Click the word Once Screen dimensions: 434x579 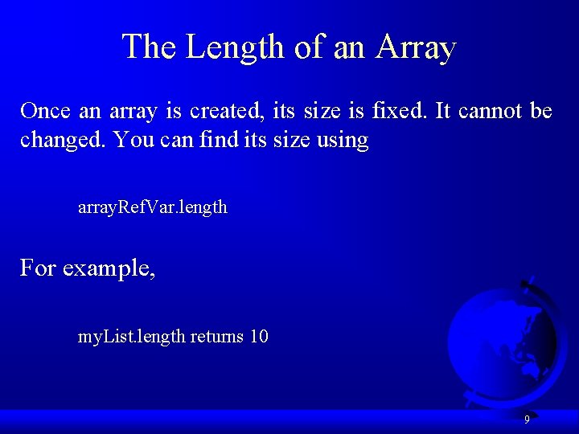pos(46,111)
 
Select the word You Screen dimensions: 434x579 pos(130,140)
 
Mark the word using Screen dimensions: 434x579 pos(342,141)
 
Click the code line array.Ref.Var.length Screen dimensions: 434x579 pos(152,207)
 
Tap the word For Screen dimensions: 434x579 pos(38,268)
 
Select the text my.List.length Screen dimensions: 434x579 pos(131,337)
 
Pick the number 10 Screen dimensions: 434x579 pos(259,337)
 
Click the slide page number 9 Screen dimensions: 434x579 pos(527,420)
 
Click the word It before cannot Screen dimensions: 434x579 pos(442,111)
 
